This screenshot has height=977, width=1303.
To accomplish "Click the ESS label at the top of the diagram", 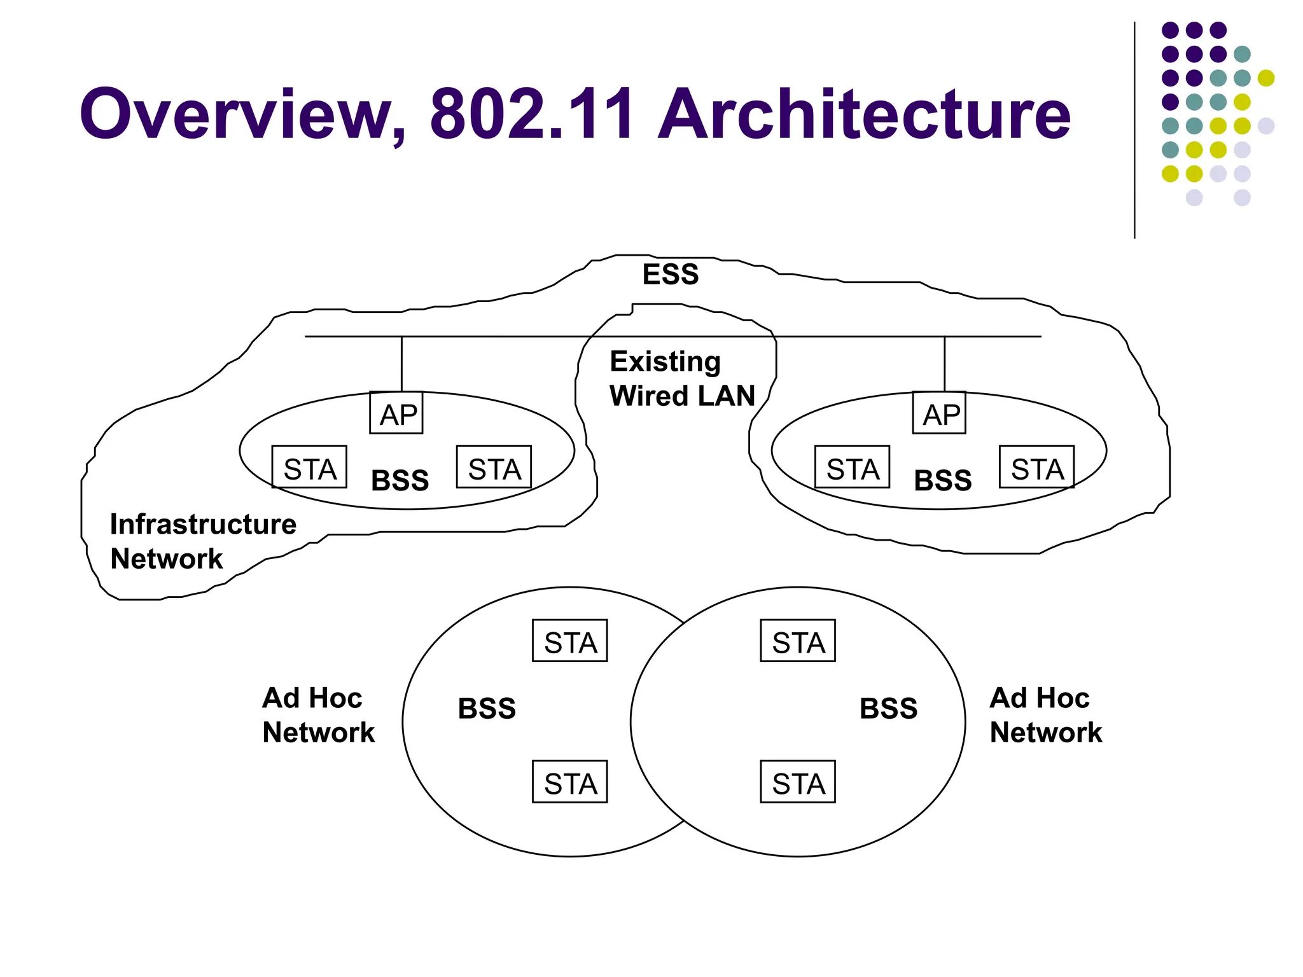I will coord(670,275).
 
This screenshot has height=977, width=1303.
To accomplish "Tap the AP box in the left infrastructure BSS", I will coord(396,413).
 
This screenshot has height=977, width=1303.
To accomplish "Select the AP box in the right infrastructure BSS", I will coord(939,413).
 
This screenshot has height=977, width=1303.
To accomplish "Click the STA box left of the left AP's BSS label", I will coord(309,468).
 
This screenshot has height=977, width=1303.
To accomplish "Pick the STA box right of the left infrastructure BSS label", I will coord(494,468).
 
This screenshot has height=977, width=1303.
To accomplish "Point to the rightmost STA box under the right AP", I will coord(1036,468).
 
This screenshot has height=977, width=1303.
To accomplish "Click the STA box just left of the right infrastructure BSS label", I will coord(852,468).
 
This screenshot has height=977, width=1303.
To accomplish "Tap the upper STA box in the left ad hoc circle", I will coord(569,641).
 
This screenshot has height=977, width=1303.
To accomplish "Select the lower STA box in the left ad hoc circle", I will coord(569,782).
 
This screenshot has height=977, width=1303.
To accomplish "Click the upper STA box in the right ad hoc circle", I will coord(797,641).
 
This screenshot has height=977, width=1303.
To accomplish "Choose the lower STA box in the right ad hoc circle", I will coord(797,782).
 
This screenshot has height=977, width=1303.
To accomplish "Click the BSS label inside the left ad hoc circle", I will coord(487,709).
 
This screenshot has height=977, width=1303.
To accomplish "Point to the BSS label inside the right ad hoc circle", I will coord(888,709).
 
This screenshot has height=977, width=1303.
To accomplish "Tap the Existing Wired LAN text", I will coord(681,379).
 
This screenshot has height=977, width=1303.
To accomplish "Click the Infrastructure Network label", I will coord(202,541).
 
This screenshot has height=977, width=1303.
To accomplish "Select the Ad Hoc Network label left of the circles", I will coord(318,715).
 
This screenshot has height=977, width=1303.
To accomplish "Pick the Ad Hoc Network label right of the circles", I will coord(1045,715).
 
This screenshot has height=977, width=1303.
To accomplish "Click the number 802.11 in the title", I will coord(532,114).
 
